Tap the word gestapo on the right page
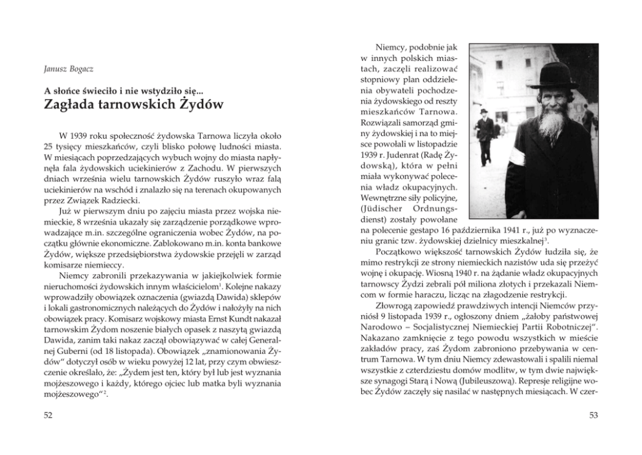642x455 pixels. [432, 231]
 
